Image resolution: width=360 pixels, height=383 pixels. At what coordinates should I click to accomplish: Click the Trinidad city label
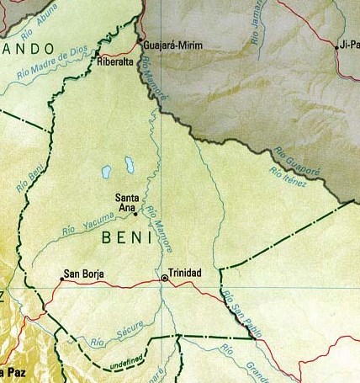coord(186,274)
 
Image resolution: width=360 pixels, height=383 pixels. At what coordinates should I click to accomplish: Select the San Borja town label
coord(83,273)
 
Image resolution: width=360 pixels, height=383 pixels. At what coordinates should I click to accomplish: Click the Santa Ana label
coord(127,203)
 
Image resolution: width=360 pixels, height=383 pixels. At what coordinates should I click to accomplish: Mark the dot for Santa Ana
coord(135,214)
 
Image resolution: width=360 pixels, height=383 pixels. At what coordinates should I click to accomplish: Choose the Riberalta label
coord(116,61)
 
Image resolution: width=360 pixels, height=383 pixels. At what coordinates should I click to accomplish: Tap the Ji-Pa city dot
coord(336,48)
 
